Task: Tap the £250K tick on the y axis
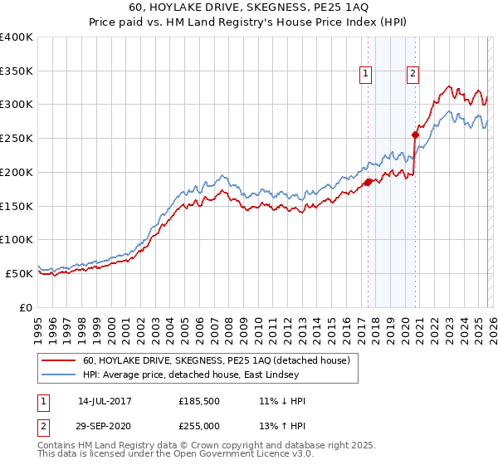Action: click(17, 139)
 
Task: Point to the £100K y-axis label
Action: click(17, 239)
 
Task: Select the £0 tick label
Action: click(25, 307)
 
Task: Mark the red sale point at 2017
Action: click(368, 182)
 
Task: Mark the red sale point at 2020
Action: click(415, 135)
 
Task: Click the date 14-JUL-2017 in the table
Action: click(105, 401)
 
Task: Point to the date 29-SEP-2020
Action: click(105, 424)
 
